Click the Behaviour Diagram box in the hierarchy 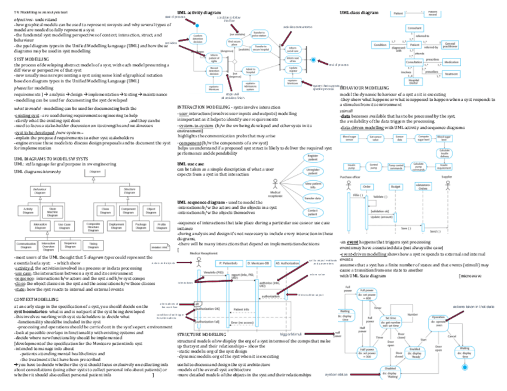40,192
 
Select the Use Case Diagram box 63,226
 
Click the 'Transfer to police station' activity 243,33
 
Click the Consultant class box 414,29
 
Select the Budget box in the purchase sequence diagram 395,186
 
